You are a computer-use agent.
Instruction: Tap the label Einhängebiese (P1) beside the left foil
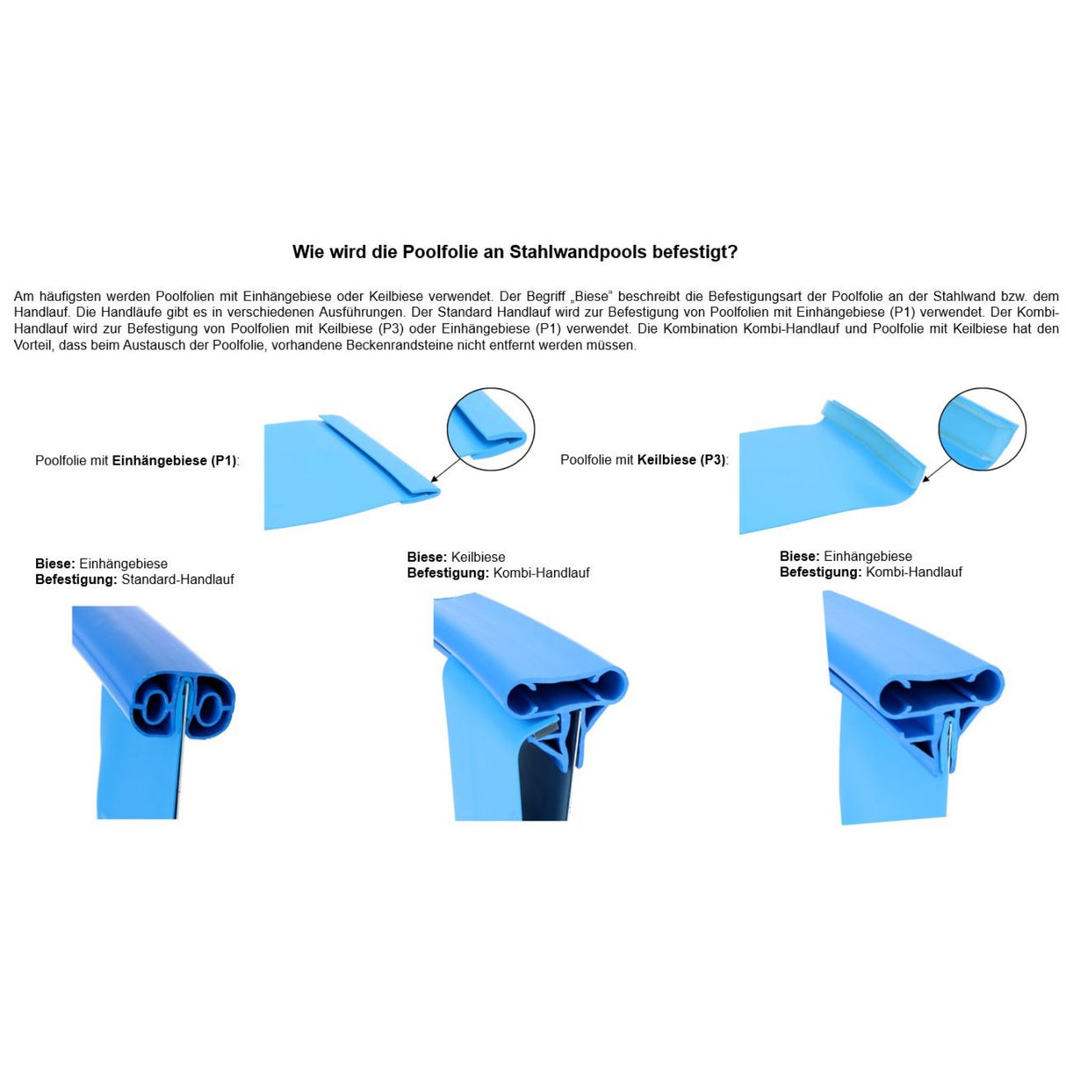[x=174, y=460]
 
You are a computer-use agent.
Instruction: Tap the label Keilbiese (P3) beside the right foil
[x=681, y=459]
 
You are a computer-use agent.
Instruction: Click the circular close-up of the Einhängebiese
[x=491, y=429]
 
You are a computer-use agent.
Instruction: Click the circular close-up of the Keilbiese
[x=982, y=429]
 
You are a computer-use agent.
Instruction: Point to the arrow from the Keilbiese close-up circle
[x=937, y=470]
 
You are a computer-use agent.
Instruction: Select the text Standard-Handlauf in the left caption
[x=177, y=580]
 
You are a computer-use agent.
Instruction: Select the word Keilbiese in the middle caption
[x=478, y=557]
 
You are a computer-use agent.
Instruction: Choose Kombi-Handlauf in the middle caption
[x=541, y=573]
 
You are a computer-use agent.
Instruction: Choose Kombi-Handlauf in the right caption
[x=913, y=572]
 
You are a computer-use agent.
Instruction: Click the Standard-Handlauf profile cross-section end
[x=183, y=708]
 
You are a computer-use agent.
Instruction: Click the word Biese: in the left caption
[x=54, y=564]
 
